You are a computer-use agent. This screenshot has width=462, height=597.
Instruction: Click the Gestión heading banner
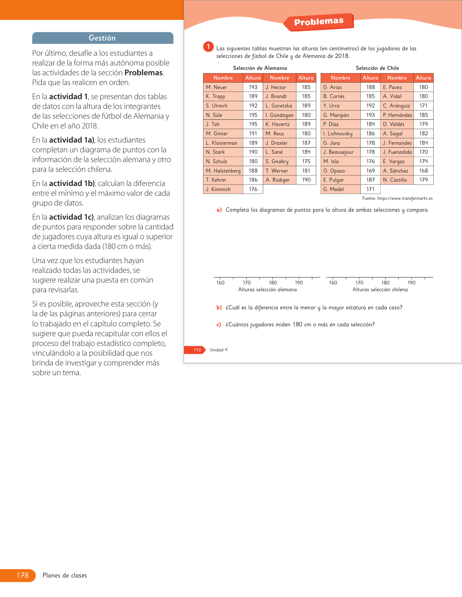point(103,38)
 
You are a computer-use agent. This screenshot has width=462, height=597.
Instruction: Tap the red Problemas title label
point(319,22)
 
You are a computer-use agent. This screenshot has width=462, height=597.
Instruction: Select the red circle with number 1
point(208,47)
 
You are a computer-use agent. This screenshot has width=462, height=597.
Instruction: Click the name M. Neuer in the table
point(216,87)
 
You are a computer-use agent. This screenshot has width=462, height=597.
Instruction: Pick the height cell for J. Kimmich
point(253,189)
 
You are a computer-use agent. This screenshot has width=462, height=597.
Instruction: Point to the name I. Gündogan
point(279,115)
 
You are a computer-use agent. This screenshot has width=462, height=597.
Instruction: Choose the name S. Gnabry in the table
point(277,161)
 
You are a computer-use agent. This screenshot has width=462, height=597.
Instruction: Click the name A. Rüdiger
point(277,180)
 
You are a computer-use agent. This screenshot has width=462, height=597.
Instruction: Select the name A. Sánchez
point(395,171)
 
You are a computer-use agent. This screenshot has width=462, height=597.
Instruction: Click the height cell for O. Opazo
point(370,171)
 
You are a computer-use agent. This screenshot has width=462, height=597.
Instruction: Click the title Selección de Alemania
point(260,68)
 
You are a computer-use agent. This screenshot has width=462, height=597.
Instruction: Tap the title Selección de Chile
point(377,68)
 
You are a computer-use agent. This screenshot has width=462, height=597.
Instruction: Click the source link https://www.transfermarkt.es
point(405,198)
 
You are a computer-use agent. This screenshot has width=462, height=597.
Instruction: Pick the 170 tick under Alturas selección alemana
point(247,283)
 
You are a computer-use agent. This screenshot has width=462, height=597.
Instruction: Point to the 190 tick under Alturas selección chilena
point(412,283)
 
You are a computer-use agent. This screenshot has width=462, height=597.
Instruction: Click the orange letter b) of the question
point(219,308)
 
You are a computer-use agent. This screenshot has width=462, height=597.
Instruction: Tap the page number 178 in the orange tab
point(22,575)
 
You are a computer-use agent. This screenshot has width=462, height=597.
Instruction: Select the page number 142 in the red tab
point(197,350)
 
